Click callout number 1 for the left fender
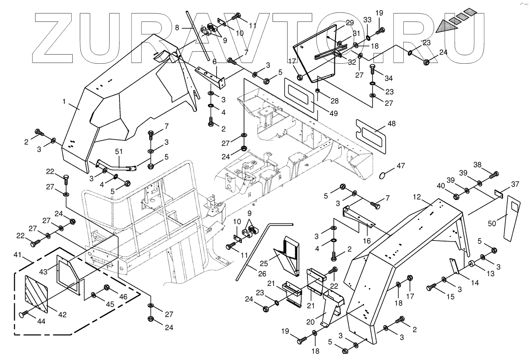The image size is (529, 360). coord(64,102)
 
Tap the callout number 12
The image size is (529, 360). coord(417,197)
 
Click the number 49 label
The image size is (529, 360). coord(333,113)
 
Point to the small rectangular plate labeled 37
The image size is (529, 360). coord(498,194)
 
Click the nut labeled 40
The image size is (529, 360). coord(456,197)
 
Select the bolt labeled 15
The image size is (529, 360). coord(430,288)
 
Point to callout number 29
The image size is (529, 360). coord(349,23)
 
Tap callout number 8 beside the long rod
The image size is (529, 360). coord(177,27)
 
